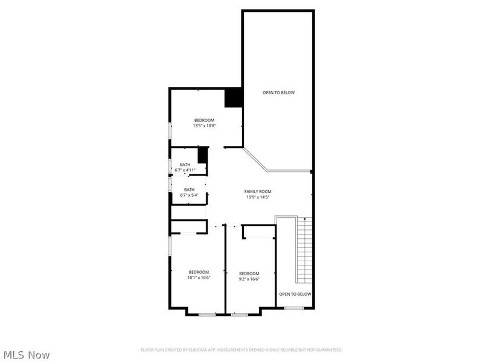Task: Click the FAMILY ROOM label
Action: point(257,191)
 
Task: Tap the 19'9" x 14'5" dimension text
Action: point(257,197)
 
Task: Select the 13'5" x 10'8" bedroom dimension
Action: point(204,125)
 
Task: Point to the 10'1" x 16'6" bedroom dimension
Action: point(199,278)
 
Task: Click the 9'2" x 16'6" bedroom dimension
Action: point(249,279)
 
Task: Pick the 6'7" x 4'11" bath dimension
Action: point(185,170)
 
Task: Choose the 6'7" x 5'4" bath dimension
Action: point(189,195)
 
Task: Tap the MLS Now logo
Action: point(26,355)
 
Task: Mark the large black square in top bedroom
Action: point(233,98)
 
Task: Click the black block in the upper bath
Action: point(202,155)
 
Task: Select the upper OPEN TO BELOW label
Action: point(278,92)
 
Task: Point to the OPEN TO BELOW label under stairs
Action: point(295,294)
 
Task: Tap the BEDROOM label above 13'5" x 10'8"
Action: point(204,120)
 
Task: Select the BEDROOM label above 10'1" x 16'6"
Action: point(199,272)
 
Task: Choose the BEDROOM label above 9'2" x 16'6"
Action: point(249,273)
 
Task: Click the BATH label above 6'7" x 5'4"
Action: point(189,189)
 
